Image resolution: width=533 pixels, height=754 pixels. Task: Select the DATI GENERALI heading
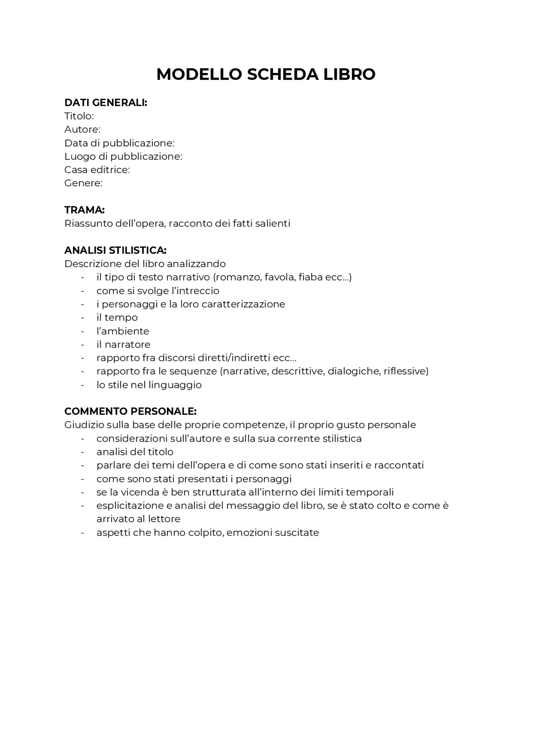(x=106, y=102)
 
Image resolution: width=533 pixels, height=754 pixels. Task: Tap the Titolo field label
(x=79, y=116)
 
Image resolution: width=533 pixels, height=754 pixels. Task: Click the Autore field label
(x=82, y=129)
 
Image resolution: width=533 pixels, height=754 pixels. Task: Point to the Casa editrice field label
(x=97, y=170)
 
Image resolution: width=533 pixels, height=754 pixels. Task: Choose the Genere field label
(x=83, y=183)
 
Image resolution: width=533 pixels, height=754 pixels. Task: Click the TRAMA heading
(x=84, y=210)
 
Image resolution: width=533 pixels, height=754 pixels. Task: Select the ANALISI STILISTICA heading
(x=115, y=250)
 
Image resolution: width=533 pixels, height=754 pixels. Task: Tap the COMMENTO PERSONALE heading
(x=130, y=412)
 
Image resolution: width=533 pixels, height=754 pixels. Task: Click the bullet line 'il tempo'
(x=117, y=317)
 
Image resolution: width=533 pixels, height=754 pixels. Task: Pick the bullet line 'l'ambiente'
(x=122, y=331)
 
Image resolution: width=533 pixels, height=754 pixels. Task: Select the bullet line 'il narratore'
(x=123, y=345)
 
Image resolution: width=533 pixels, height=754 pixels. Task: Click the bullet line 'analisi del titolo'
(x=135, y=452)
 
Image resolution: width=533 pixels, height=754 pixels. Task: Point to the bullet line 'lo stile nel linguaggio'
(x=149, y=385)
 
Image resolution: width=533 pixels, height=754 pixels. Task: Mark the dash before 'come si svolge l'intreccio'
(x=83, y=291)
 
